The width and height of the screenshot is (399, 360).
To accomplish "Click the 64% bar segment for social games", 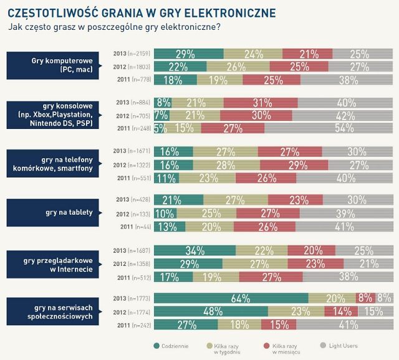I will coord(231,298).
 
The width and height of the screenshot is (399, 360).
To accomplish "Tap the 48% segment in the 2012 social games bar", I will coord(211,311).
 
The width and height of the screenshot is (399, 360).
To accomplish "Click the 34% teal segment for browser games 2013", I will coord(195,250).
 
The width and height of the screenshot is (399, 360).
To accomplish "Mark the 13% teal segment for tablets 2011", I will coord(170,227).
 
